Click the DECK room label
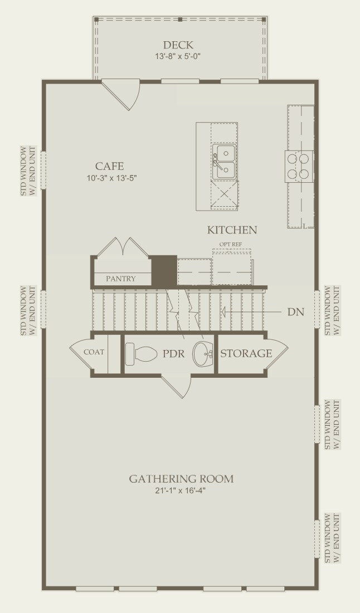pyautogui.click(x=178, y=45)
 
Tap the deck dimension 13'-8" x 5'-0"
pyautogui.click(x=178, y=56)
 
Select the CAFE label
pyautogui.click(x=109, y=166)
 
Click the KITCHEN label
pyautogui.click(x=232, y=230)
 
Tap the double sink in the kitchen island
pyautogui.click(x=224, y=162)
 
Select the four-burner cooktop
pyautogui.click(x=299, y=167)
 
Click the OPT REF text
pyautogui.click(x=230, y=244)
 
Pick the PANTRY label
pyautogui.click(x=121, y=279)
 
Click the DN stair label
pyautogui.click(x=295, y=312)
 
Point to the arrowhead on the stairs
pyautogui.click(x=224, y=312)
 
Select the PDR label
pyautogui.click(x=173, y=354)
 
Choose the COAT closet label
pyautogui.click(x=94, y=352)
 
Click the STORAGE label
pyautogui.click(x=246, y=353)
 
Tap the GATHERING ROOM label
pyautogui.click(x=181, y=479)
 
